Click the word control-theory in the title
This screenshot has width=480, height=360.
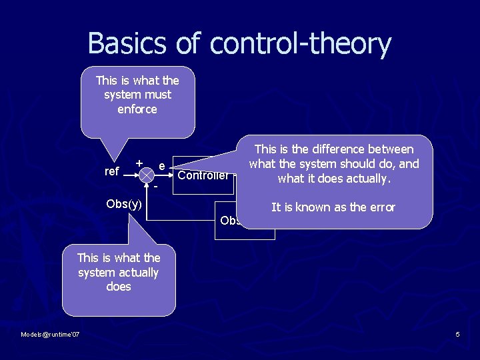click(300, 43)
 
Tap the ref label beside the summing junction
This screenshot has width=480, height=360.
click(112, 172)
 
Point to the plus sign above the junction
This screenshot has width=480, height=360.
click(139, 163)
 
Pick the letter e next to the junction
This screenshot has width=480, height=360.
click(162, 165)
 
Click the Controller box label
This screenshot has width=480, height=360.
click(203, 175)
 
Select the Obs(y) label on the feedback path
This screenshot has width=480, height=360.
click(124, 204)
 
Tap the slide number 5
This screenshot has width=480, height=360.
click(458, 334)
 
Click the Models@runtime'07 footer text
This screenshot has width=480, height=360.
click(50, 334)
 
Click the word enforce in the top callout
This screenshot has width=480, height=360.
click(137, 109)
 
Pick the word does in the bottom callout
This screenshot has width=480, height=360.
click(118, 287)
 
